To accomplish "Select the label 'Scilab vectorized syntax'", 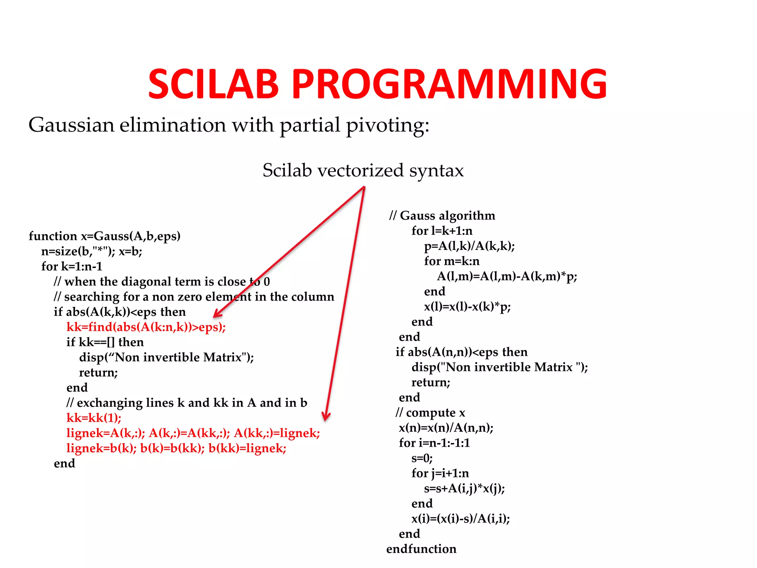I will [363, 170].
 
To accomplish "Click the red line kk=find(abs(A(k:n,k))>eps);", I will [146, 327].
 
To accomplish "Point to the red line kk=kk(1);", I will [94, 418].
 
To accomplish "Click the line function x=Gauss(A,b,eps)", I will [105, 236].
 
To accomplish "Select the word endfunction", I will [421, 549].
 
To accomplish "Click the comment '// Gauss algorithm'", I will [442, 216].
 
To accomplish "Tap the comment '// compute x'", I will [430, 413].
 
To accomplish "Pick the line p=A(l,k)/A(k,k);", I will [469, 246].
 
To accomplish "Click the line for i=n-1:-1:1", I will [434, 443].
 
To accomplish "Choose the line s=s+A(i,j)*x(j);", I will [464, 488].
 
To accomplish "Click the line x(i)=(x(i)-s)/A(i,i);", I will [461, 519].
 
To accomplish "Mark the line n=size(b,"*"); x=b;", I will [92, 251].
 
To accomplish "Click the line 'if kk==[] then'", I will [105, 342].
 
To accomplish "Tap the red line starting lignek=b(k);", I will [176, 448].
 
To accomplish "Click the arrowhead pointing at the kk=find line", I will [217, 314].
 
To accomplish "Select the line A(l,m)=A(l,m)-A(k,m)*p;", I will [507, 276].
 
